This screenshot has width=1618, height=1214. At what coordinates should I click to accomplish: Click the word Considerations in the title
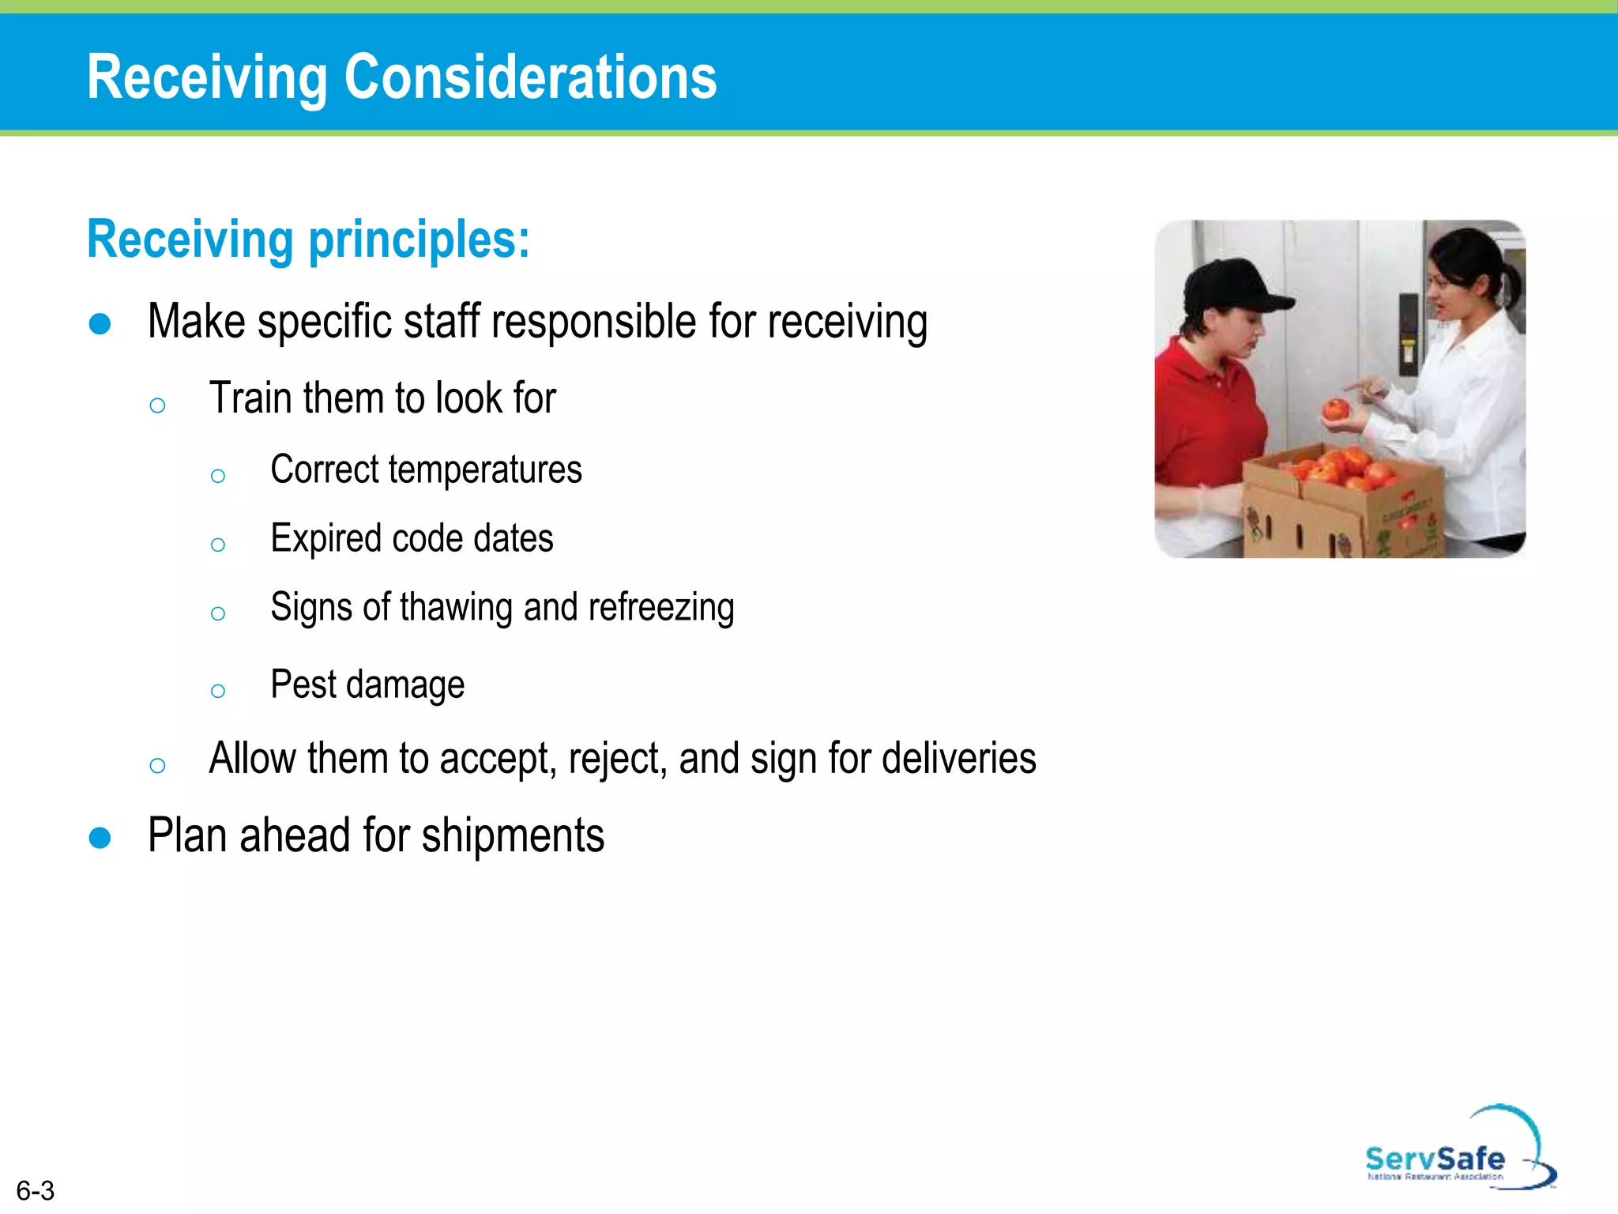530,77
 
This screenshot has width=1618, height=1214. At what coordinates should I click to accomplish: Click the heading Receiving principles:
308,239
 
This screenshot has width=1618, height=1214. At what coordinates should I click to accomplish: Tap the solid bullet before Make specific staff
100,324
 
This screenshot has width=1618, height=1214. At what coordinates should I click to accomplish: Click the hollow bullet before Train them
157,405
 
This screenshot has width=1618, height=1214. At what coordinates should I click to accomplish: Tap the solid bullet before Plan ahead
100,838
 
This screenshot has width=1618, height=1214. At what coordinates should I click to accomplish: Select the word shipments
513,836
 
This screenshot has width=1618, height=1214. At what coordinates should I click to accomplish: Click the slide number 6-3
36,1190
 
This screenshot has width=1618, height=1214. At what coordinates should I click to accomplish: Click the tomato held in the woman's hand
1336,409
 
